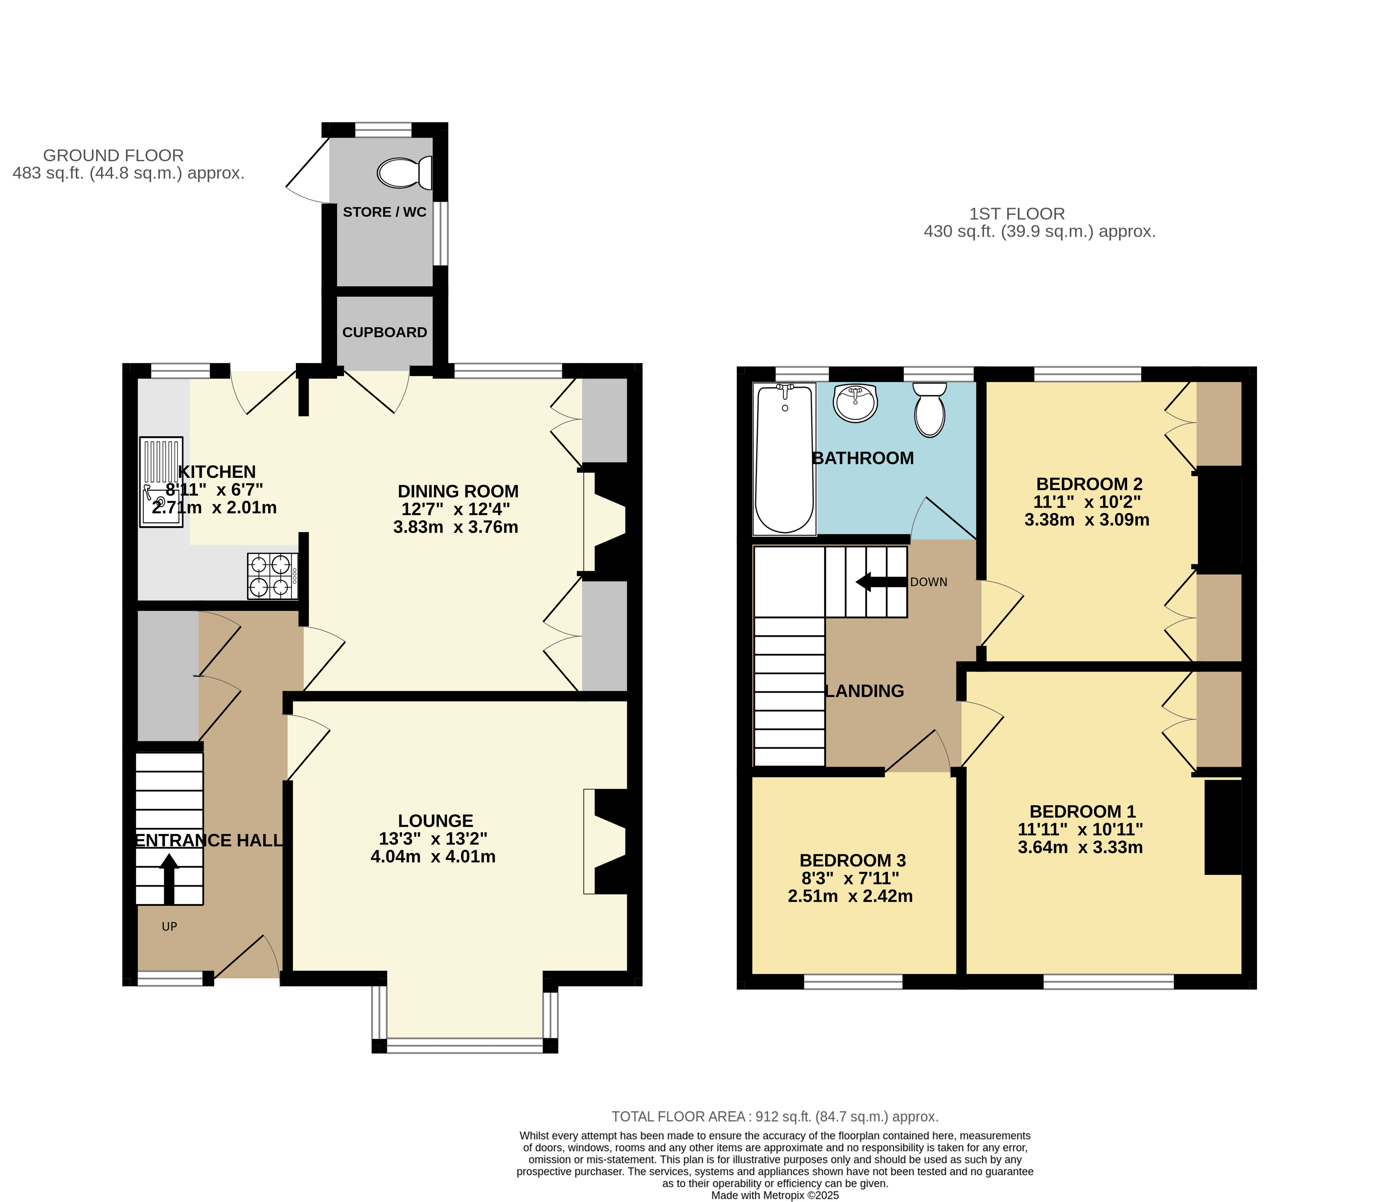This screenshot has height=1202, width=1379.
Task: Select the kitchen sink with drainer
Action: tap(161, 482)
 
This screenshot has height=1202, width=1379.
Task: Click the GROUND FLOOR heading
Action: tap(113, 155)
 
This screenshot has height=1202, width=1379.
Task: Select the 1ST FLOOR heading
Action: tap(1017, 214)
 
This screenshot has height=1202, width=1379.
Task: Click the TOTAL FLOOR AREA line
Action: tap(775, 1117)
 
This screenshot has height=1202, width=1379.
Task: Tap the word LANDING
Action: tap(864, 691)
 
